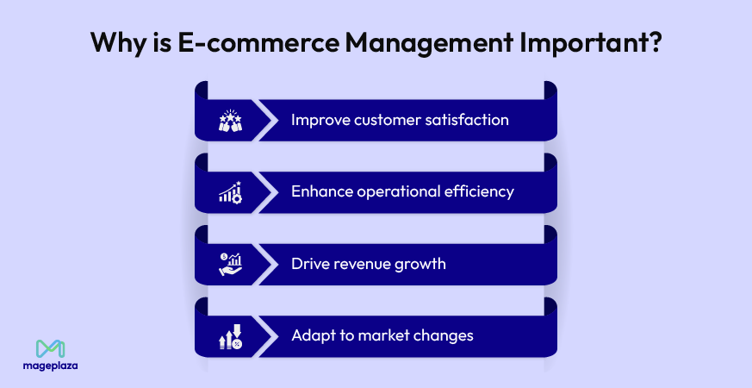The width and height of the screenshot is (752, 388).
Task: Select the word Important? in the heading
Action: pyautogui.click(x=591, y=44)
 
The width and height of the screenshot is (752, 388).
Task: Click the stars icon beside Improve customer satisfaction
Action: pyautogui.click(x=230, y=120)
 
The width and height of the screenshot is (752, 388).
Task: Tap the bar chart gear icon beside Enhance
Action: pyautogui.click(x=230, y=192)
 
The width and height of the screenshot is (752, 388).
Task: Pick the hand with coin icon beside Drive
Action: pyautogui.click(x=230, y=265)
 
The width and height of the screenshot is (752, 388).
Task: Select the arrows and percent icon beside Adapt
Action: pyautogui.click(x=230, y=336)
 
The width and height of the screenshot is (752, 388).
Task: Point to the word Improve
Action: pyautogui.click(x=320, y=120)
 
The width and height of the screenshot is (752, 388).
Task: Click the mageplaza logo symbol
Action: pyautogui.click(x=50, y=349)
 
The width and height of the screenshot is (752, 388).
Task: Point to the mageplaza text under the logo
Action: pyautogui.click(x=50, y=366)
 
